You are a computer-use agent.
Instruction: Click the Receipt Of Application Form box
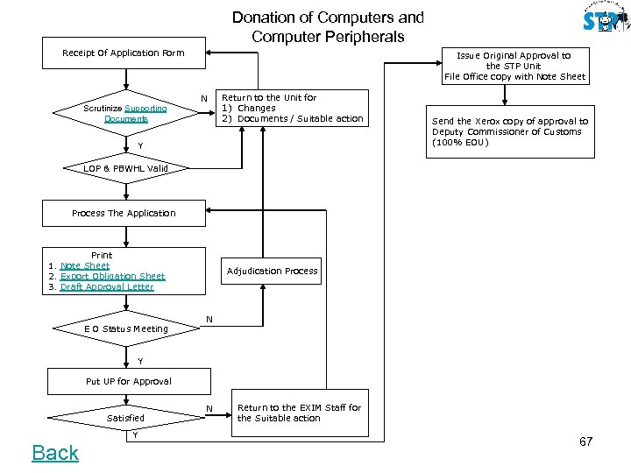click(123, 53)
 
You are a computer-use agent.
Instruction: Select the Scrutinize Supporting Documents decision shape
click(125, 113)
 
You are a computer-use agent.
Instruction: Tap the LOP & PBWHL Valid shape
click(125, 168)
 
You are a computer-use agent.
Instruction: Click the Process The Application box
click(124, 213)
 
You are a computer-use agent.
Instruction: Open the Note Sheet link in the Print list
click(85, 265)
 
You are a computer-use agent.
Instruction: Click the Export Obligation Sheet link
click(112, 276)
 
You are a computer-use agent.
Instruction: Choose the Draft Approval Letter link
click(107, 286)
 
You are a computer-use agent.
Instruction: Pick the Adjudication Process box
click(272, 271)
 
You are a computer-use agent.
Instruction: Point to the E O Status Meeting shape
click(126, 328)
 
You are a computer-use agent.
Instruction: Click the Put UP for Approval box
click(128, 381)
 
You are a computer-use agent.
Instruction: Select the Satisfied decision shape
click(125, 418)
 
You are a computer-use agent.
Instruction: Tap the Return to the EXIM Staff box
click(299, 413)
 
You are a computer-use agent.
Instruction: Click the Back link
click(55, 453)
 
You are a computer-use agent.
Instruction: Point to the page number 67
click(586, 441)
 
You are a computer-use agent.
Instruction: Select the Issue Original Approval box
click(514, 66)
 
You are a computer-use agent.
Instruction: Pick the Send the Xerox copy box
click(509, 132)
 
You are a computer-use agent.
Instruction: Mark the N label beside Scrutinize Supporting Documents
click(203, 98)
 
